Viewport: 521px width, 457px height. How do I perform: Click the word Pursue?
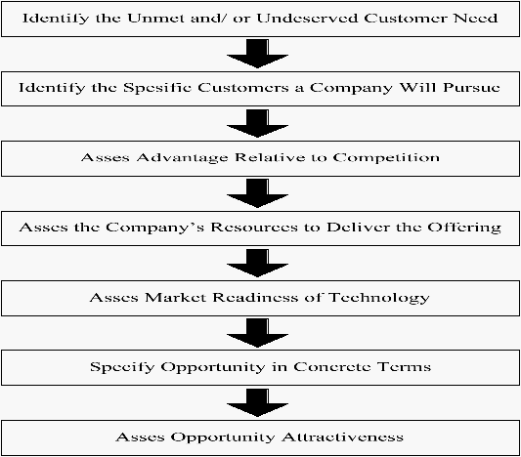coord(471,87)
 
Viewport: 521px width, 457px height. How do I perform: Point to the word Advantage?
coord(182,158)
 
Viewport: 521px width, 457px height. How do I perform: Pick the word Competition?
coord(386,157)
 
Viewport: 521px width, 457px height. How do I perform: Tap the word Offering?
coord(464,228)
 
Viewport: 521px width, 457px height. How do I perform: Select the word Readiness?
coord(255,297)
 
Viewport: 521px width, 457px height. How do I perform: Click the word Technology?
coord(379,298)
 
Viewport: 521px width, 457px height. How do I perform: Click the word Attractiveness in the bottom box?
coord(342,436)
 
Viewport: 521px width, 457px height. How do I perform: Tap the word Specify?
coord(122,367)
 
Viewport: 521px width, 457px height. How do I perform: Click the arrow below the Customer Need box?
coord(257,54)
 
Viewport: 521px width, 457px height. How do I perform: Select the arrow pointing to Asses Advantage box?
coord(257,123)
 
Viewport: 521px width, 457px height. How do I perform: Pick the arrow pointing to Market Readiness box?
coord(257,263)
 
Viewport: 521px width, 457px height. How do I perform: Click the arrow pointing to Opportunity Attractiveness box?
coord(257,402)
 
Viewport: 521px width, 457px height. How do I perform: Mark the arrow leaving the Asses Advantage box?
coord(257,193)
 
